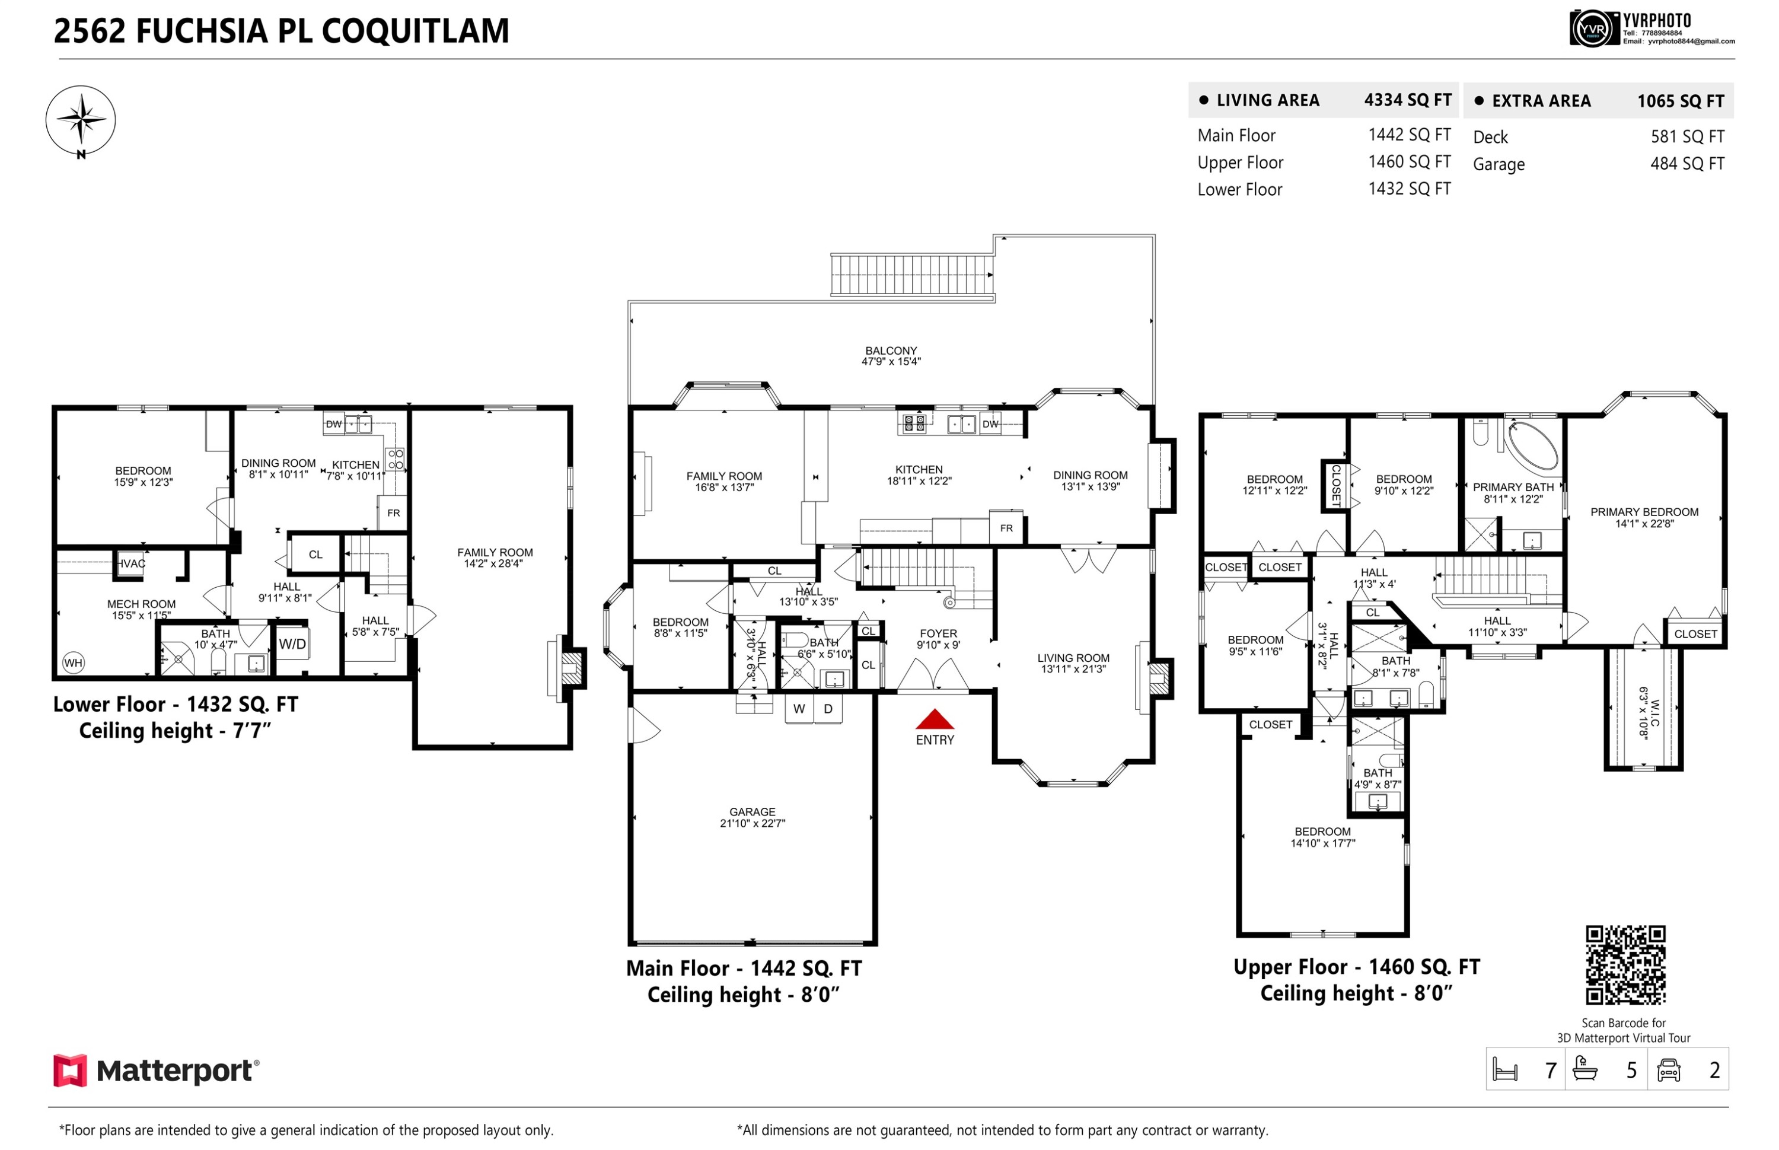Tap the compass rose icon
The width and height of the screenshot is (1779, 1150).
(81, 121)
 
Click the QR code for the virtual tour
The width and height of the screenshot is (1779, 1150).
(1625, 965)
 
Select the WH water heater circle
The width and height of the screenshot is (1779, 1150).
(73, 662)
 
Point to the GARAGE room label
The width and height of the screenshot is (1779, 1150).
(752, 812)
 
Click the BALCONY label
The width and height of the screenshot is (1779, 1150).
(891, 351)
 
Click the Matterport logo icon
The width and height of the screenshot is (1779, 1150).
(69, 1070)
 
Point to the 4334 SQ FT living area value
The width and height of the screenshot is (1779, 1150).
(1407, 100)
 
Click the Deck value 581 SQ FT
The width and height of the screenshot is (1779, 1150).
(1687, 136)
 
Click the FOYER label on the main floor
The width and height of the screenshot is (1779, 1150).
(938, 633)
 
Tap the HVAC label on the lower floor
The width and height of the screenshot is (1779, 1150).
(132, 563)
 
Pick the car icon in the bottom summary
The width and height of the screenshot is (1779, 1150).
(1669, 1069)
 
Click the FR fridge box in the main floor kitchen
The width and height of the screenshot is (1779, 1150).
(1006, 528)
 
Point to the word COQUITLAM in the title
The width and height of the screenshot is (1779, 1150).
(415, 31)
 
